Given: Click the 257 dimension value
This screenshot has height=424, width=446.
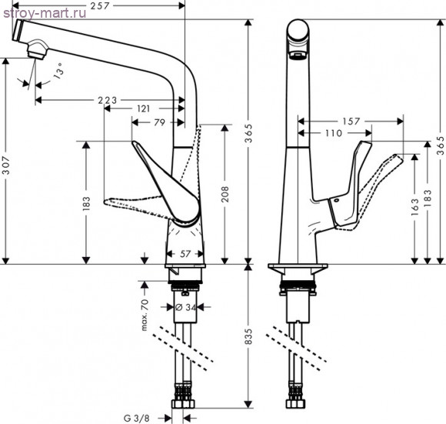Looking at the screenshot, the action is coord(100,5).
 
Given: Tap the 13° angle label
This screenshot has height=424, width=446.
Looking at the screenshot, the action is coord(59,70).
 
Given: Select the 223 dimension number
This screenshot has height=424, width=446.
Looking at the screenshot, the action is coord(107,100).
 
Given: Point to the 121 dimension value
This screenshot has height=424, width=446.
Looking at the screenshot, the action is coord(143,109).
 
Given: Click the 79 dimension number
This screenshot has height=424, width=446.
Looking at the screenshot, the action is coord(160,122).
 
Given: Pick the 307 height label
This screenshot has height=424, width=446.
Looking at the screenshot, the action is coord(6,165).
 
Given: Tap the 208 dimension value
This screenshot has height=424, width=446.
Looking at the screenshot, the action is coord(225,194).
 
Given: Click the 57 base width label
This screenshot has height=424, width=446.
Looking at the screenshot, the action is coord(185,253).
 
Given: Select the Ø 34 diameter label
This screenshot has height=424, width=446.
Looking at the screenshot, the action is coord(186,307).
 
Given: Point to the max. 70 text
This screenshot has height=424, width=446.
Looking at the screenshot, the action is coord(145,315).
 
